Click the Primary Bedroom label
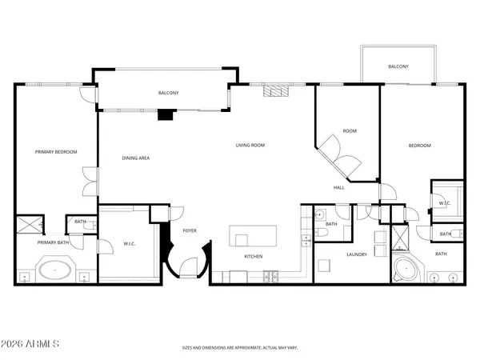click(x=55, y=151)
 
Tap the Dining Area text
click(x=135, y=158)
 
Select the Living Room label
click(x=250, y=145)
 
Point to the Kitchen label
click(x=253, y=256)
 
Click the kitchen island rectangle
click(x=253, y=236)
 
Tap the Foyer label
click(x=190, y=230)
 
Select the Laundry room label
click(x=356, y=254)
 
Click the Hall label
click(x=338, y=188)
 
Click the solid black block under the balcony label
click(x=165, y=114)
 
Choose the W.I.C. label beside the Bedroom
click(x=445, y=203)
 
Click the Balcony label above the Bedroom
click(x=399, y=66)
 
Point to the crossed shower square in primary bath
click(x=30, y=224)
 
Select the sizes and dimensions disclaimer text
click(x=239, y=347)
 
